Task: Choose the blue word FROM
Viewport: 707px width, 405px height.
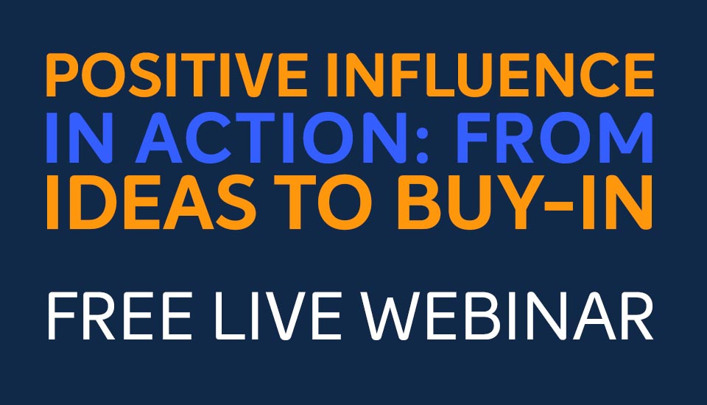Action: pyautogui.click(x=554, y=138)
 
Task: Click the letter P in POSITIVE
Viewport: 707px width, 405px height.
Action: pyautogui.click(x=63, y=75)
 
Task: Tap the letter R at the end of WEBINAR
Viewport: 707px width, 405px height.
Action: pyautogui.click(x=636, y=316)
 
